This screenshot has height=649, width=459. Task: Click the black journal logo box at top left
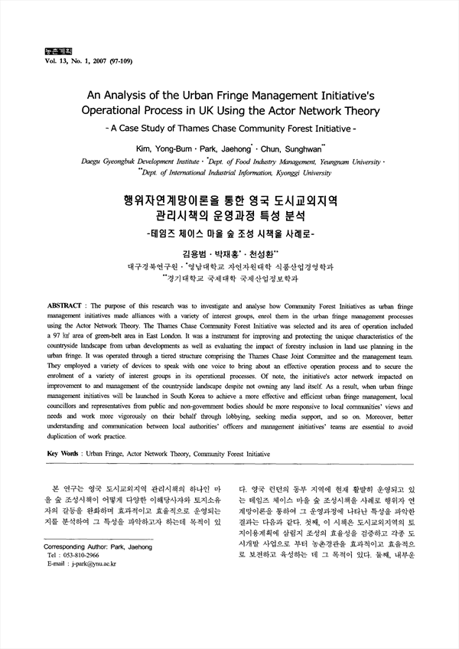(40, 51)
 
